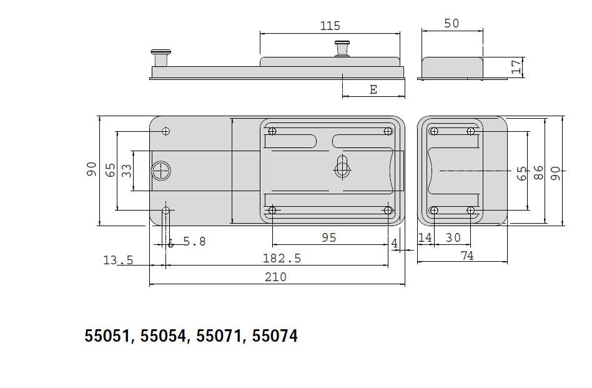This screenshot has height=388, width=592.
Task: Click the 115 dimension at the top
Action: click(330, 26)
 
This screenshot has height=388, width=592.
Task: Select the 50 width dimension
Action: click(451, 23)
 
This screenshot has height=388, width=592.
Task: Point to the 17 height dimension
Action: click(516, 67)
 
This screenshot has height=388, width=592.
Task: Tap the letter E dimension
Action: click(373, 89)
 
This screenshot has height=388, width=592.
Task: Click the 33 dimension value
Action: click(126, 171)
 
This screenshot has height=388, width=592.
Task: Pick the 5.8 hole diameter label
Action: click(194, 241)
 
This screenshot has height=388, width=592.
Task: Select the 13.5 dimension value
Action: click(118, 260)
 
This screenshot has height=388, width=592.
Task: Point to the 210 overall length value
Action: click(275, 277)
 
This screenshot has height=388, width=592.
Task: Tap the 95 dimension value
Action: click(328, 237)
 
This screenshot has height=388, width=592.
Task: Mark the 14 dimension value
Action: click(425, 237)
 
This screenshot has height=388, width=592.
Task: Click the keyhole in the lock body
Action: click(342, 167)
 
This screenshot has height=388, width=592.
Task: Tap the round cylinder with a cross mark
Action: click(161, 171)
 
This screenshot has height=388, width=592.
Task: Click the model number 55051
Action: click(107, 337)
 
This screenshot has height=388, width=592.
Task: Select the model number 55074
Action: click(275, 337)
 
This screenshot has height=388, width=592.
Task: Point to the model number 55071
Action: click(219, 337)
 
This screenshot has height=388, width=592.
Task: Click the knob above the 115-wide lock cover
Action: click(342, 47)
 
